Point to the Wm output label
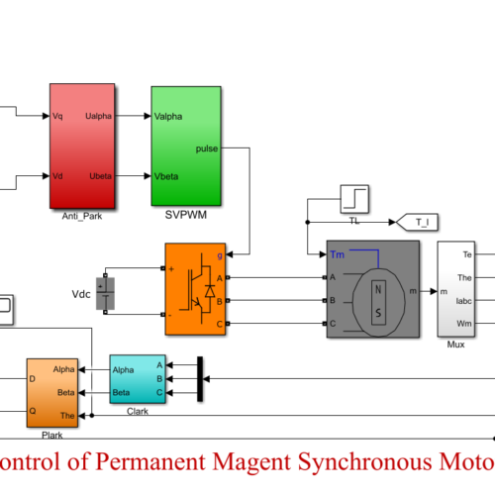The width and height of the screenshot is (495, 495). click(x=464, y=324)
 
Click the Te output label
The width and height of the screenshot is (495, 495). click(x=467, y=255)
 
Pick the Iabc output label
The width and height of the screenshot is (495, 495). click(x=464, y=301)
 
